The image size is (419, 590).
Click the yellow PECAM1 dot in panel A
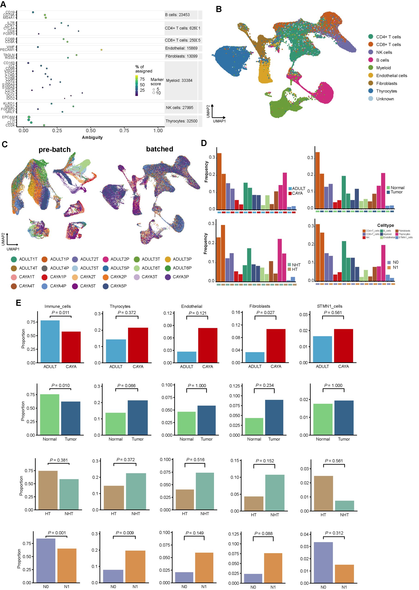tap(101, 50)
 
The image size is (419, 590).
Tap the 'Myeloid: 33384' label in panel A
tap(179, 80)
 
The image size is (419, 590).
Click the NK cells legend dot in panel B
tap(371, 52)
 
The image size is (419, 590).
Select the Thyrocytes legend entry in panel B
tap(386, 91)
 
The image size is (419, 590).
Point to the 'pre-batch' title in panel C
tap(54, 150)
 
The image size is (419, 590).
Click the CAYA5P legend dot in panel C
tap(106, 286)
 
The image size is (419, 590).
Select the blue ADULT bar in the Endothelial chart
tap(187, 357)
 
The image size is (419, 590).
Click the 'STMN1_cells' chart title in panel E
tap(330, 306)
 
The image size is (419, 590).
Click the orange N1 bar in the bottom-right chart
tap(344, 574)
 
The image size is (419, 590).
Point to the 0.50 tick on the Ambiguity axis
tap(91, 131)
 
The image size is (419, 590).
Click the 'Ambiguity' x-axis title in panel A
tap(92, 137)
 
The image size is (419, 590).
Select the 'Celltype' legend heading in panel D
tap(386, 225)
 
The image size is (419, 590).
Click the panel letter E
tap(18, 302)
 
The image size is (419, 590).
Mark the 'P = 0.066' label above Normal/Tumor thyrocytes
tap(126, 386)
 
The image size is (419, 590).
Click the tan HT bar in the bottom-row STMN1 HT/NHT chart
tap(323, 493)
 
